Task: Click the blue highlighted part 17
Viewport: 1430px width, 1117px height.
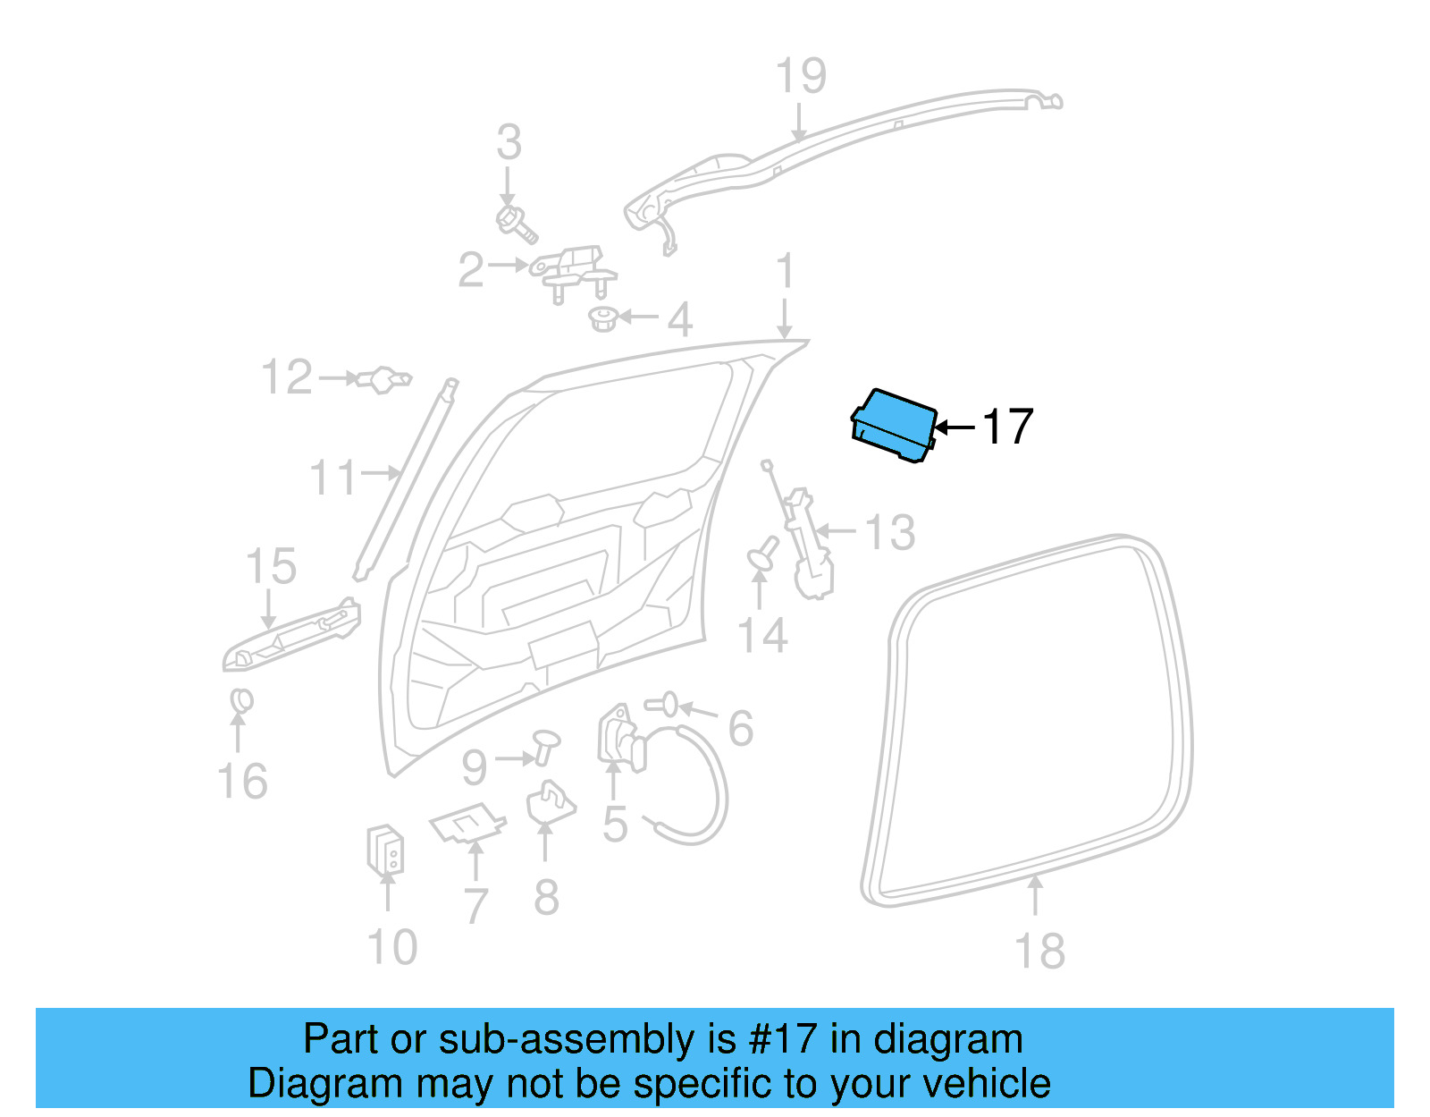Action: coord(895,425)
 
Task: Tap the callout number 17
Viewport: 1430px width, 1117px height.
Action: coord(1007,427)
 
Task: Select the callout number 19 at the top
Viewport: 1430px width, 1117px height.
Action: coord(800,76)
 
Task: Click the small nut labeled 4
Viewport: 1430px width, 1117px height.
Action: coord(605,318)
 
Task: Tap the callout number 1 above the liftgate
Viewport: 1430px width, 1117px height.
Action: coord(785,272)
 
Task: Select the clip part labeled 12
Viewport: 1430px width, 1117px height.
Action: coord(384,379)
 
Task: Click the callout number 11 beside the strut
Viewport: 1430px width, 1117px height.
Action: coord(332,478)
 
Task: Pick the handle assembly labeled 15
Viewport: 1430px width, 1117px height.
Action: coord(291,636)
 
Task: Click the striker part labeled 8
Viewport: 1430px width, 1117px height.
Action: coord(549,802)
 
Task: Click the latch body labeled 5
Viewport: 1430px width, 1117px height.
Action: coord(618,739)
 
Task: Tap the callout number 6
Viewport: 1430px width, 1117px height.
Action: coord(740,728)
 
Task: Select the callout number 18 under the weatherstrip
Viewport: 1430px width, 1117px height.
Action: coord(1039,951)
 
